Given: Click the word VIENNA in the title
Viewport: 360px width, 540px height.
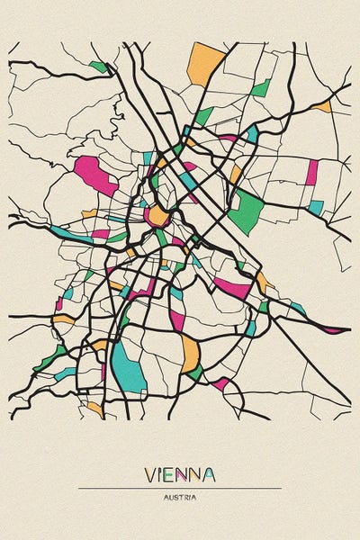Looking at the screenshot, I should click(180, 474).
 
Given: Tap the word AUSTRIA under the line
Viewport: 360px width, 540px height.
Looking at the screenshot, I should click(180, 497).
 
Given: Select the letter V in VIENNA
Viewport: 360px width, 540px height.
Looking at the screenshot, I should click(150, 474).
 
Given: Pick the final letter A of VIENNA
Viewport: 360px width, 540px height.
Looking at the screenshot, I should click(209, 474).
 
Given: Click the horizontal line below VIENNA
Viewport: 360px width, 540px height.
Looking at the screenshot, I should click(180, 488).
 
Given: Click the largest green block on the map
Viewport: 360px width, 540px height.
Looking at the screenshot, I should click(245, 211).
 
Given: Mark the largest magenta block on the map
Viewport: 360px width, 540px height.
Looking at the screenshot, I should click(96, 175).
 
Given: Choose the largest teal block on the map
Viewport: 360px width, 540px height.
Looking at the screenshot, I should click(129, 370).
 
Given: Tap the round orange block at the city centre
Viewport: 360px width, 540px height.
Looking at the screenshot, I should click(158, 216).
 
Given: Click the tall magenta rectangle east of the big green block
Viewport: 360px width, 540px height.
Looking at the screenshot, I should click(312, 172).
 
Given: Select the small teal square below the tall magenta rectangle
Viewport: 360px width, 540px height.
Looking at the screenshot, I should click(315, 207).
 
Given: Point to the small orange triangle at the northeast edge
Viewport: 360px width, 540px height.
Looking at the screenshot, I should click(323, 107).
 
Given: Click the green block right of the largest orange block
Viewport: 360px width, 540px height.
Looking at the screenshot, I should click(260, 88).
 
